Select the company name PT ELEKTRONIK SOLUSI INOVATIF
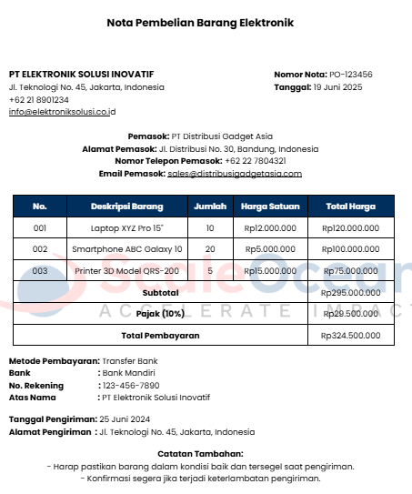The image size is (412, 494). click(81, 74)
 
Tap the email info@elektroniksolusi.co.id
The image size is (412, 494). click(62, 112)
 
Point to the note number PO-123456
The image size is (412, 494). click(350, 74)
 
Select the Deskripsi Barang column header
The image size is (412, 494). click(126, 207)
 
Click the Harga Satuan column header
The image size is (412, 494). click(270, 207)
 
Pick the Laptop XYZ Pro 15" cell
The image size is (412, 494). click(127, 227)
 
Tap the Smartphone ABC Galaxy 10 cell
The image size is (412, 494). click(127, 248)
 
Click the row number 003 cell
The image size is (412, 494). click(39, 270)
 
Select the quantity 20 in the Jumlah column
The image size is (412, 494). click(210, 248)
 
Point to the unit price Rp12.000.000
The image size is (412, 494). click(270, 227)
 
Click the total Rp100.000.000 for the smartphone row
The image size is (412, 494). click(350, 248)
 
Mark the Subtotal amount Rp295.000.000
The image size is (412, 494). click(350, 292)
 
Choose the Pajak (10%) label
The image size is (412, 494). click(160, 313)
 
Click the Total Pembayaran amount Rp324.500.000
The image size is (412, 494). click(350, 335)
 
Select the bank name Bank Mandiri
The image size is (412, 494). click(129, 372)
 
